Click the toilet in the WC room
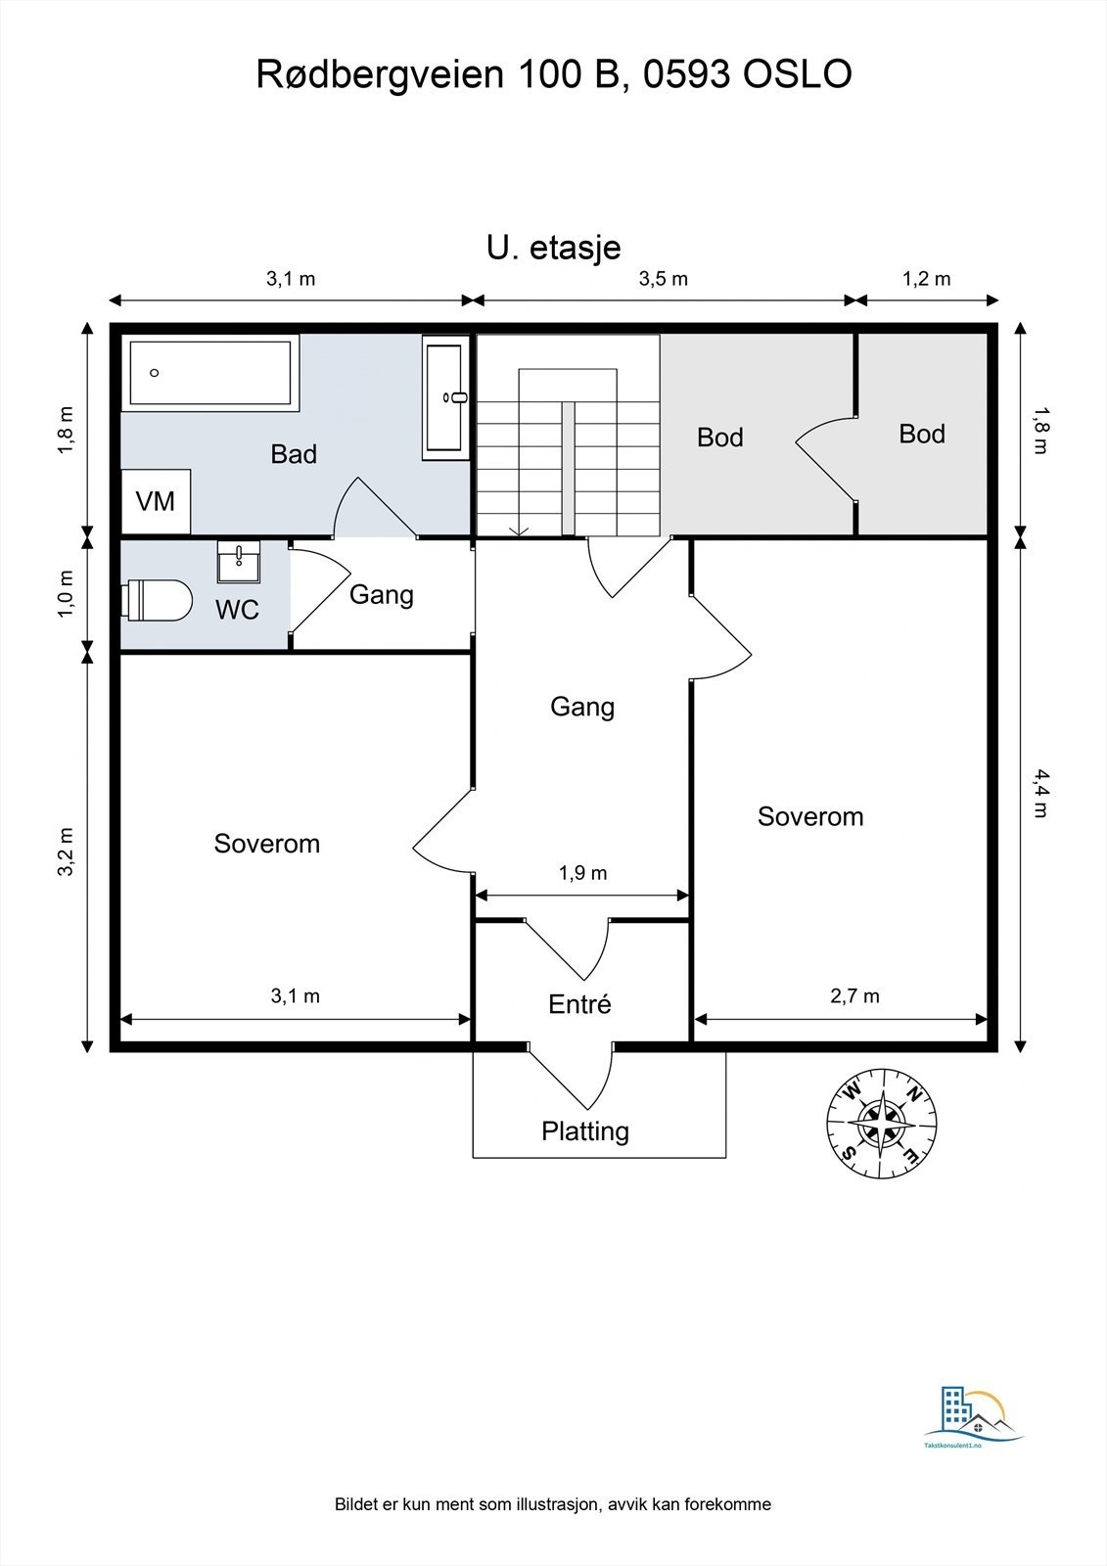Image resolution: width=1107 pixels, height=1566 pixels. [157, 599]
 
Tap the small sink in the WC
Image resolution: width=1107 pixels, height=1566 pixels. [238, 562]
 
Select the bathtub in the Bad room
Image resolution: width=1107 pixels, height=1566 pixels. [210, 373]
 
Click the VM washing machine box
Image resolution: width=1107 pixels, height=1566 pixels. [156, 501]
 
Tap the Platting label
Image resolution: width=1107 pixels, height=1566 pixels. [585, 1130]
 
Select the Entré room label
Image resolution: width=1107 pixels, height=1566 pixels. [579, 1004]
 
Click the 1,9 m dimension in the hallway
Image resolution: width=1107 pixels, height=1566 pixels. [582, 872]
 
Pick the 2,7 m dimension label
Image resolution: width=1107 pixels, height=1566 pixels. [854, 995]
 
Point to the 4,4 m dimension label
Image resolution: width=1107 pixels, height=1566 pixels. [1040, 793]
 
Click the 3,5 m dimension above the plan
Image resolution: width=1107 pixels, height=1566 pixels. [663, 279]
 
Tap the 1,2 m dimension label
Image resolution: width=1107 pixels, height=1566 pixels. [926, 279]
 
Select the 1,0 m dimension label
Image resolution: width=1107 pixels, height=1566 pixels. [65, 594]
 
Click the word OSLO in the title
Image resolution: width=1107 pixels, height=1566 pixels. [797, 74]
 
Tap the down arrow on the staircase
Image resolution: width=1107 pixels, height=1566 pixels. [518, 530]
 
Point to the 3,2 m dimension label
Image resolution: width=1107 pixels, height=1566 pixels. [65, 852]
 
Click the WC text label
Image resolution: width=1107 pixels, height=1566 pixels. [237, 610]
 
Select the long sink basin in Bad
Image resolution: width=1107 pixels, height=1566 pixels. [445, 397]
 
